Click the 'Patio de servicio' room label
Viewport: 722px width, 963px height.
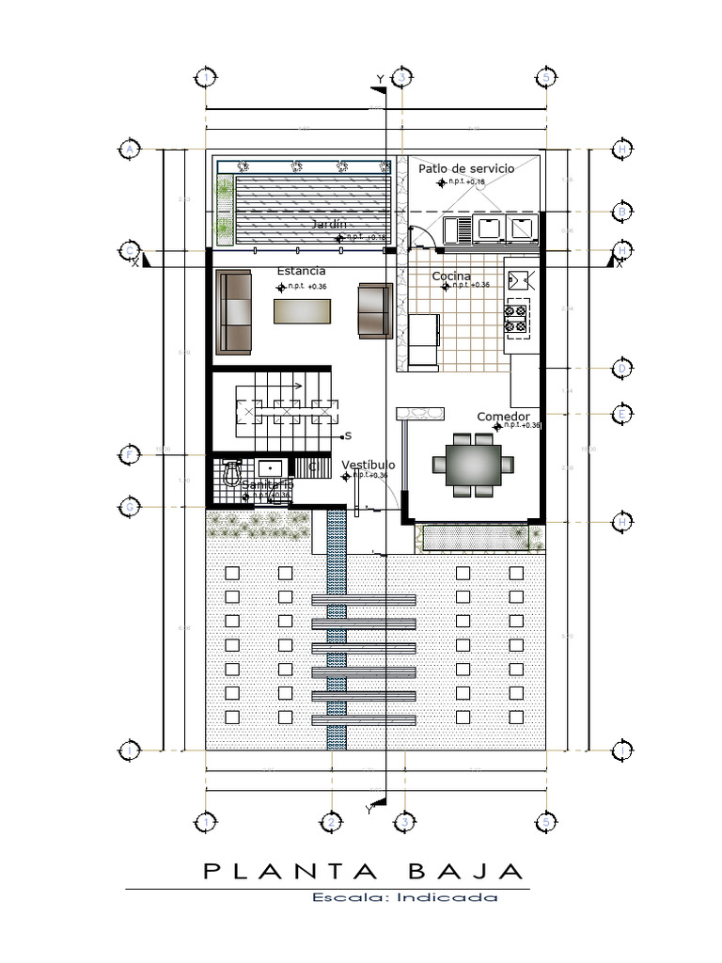[x=466, y=168]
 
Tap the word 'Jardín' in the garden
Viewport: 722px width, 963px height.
[x=328, y=224]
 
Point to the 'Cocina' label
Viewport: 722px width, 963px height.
[x=451, y=276]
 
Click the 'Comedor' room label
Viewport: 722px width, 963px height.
[x=503, y=417]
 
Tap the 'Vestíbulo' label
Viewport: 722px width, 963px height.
[x=368, y=466]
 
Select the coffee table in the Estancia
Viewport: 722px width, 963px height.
[x=303, y=311]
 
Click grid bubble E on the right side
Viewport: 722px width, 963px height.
[x=621, y=414]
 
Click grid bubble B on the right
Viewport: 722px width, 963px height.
[x=621, y=212]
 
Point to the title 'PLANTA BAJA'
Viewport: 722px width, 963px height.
[x=361, y=871]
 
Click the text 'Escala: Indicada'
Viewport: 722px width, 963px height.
[x=405, y=897]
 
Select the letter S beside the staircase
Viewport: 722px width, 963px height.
[x=347, y=435]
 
